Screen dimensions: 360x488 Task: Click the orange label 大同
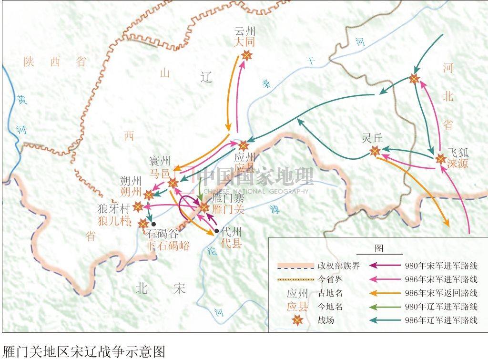pyautogui.click(x=245, y=42)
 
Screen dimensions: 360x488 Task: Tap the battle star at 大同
pyautogui.click(x=246, y=56)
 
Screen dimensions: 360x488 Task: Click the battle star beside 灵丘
pyautogui.click(x=375, y=152)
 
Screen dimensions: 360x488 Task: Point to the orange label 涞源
pyautogui.click(x=458, y=163)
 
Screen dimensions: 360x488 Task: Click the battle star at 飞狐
pyautogui.click(x=440, y=160)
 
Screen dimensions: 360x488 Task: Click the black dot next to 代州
pyautogui.click(x=217, y=231)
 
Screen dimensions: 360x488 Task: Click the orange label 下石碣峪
pyautogui.click(x=167, y=246)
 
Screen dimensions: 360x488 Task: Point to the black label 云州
pyautogui.click(x=245, y=31)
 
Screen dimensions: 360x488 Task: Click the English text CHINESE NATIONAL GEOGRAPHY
pyautogui.click(x=255, y=192)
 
